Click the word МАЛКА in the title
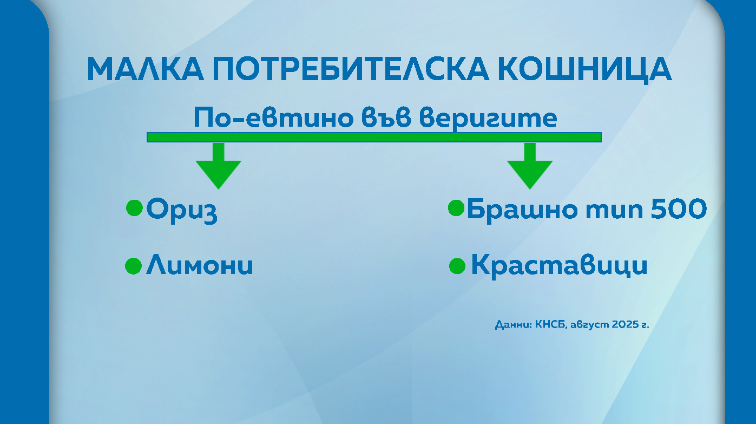click(x=146, y=69)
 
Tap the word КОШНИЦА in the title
click(x=585, y=70)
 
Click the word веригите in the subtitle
click(x=488, y=119)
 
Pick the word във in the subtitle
click(x=386, y=118)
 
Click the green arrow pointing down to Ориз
click(x=219, y=166)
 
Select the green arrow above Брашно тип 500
click(x=530, y=166)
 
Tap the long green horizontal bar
click(x=374, y=137)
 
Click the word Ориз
click(x=182, y=210)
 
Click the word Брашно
click(x=522, y=210)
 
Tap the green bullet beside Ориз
click(x=134, y=208)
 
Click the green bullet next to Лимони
click(x=133, y=266)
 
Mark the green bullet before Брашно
click(x=456, y=208)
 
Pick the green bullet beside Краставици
click(x=457, y=266)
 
